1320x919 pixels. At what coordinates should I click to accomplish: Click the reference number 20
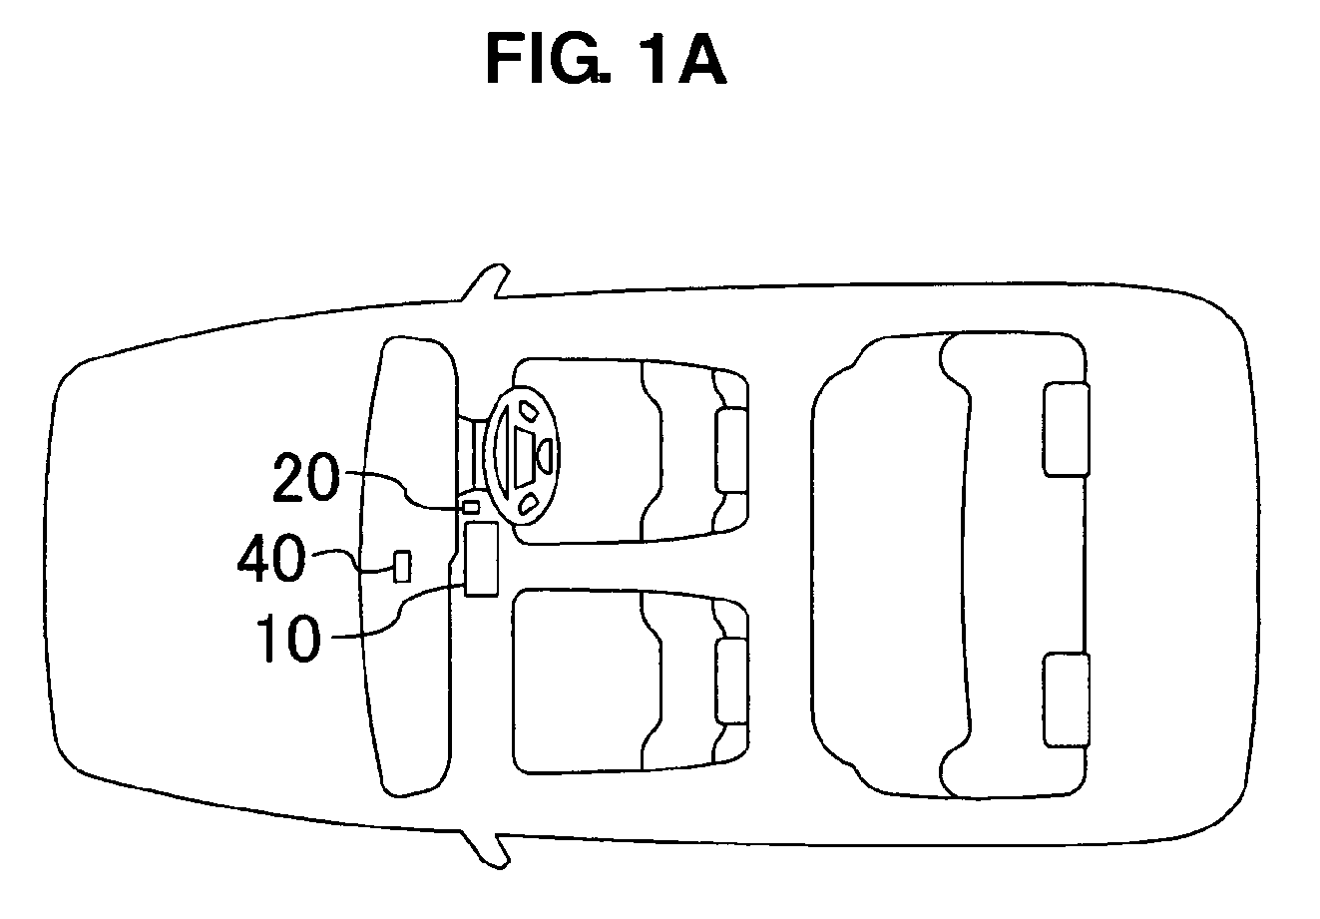(306, 477)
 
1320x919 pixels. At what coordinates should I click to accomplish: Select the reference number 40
(271, 558)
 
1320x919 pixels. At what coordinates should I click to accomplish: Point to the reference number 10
(288, 638)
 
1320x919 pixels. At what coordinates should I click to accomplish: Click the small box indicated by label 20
(471, 506)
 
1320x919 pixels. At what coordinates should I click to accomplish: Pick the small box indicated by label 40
(402, 567)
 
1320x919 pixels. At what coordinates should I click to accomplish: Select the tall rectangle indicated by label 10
(481, 559)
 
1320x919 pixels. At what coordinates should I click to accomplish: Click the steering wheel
(522, 454)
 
